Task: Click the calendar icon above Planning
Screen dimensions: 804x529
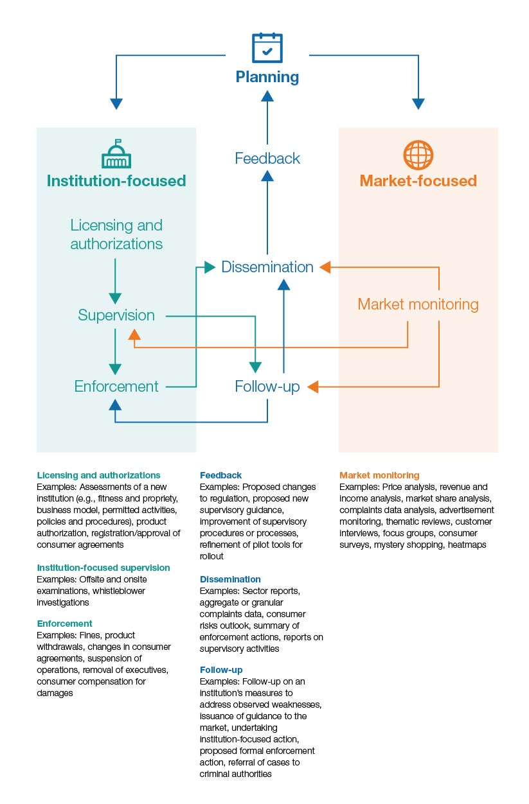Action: coord(267,48)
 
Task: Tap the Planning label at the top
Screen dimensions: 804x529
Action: coord(267,77)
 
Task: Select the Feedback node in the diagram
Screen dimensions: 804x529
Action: coord(267,158)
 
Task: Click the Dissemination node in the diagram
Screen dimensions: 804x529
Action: coord(267,267)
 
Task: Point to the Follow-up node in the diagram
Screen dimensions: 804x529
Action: coord(267,387)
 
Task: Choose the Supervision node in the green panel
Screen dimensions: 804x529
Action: coord(116,315)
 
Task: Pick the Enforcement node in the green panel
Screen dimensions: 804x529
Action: coord(116,387)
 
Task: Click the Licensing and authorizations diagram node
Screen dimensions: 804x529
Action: coord(116,234)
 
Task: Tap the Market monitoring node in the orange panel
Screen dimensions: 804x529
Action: coord(418,304)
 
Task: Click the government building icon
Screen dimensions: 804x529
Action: coord(116,154)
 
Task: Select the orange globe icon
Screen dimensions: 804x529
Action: coord(418,155)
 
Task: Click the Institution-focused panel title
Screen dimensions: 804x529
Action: coord(116,181)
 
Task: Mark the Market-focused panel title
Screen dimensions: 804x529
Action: coord(418,181)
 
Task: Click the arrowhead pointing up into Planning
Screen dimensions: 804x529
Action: coord(267,96)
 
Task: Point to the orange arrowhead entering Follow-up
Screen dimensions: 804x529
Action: coord(313,387)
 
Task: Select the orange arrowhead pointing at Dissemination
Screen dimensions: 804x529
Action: coord(325,267)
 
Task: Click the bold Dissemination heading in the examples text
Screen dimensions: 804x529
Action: coord(230,579)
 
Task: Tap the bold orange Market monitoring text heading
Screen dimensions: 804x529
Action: coord(379,475)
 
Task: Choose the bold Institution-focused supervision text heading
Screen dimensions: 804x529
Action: coord(103,568)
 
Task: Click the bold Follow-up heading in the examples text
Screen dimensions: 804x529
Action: coord(221,670)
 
